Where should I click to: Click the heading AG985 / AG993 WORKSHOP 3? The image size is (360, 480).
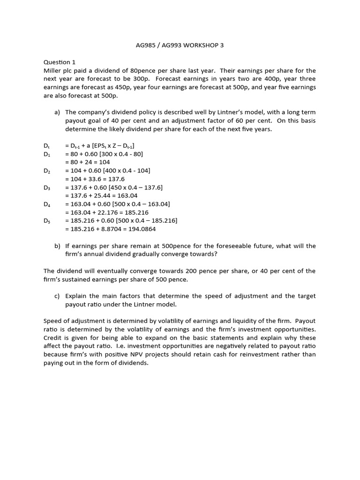(180, 45)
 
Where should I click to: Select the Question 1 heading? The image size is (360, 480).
(59, 62)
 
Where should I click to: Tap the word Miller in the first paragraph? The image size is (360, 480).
(52, 70)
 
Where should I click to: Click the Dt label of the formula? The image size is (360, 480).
(46, 146)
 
